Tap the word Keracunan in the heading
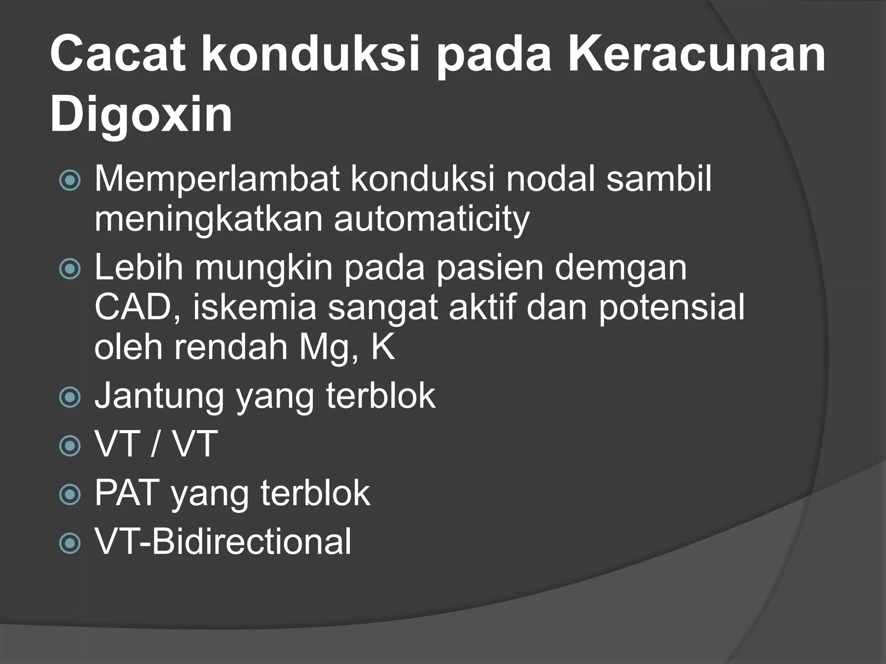697,55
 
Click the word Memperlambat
216,179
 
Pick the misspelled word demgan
620,268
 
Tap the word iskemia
255,307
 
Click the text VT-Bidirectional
223,541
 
